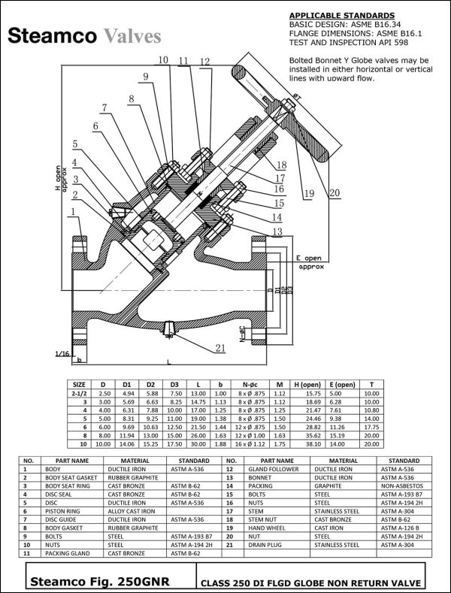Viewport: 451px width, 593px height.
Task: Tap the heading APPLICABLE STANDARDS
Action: point(341,15)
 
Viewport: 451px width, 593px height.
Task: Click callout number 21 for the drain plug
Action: point(219,347)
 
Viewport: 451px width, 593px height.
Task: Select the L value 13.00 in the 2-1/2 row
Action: point(198,392)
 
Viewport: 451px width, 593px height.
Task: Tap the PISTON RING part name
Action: point(62,511)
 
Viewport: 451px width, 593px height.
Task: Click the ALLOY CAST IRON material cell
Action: point(132,511)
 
